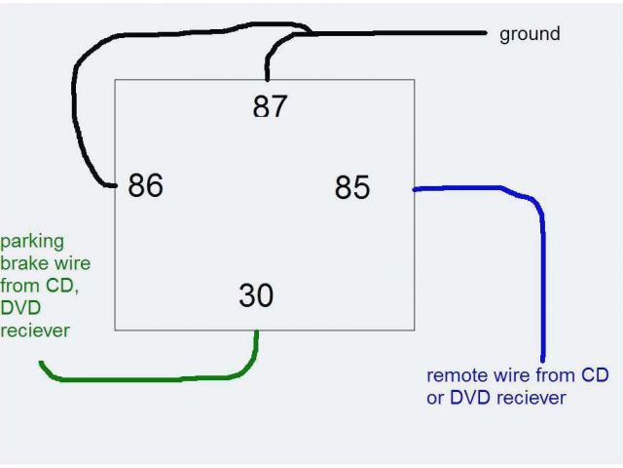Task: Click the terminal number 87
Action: click(270, 105)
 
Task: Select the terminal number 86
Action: click(145, 184)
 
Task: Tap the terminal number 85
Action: click(351, 186)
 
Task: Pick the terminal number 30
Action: click(255, 294)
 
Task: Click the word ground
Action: click(530, 34)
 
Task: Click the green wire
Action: click(146, 376)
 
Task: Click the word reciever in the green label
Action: click(35, 331)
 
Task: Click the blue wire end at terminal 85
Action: click(417, 189)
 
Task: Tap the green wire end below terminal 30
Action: click(257, 334)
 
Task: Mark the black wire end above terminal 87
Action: click(267, 79)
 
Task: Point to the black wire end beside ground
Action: click(483, 33)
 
